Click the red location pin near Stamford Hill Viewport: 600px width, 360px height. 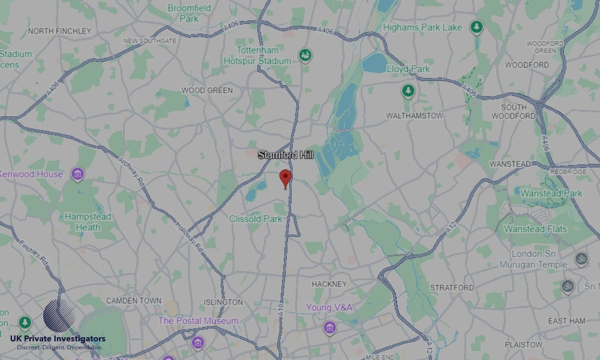pos(286,178)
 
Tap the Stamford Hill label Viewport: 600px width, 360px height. pos(286,155)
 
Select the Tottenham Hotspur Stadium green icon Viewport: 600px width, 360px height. pos(305,55)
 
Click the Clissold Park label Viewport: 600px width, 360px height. pos(256,219)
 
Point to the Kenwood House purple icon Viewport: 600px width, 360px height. pos(77,175)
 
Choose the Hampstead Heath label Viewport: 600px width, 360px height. pos(88,222)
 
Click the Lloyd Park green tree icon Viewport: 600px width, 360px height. pos(409,91)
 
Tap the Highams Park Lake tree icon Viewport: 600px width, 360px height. pos(476,27)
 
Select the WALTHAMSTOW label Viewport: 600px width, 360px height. pos(415,115)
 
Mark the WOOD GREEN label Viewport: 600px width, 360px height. pos(207,90)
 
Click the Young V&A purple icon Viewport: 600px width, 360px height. pos(329,328)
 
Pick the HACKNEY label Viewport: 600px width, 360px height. pos(329,284)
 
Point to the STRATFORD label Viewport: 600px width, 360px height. pos(452,288)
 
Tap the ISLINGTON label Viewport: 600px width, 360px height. pos(223,302)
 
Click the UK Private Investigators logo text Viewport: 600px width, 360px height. pos(58,340)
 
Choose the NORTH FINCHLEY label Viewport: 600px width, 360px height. pos(60,31)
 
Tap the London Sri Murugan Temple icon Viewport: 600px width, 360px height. pos(580,259)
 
